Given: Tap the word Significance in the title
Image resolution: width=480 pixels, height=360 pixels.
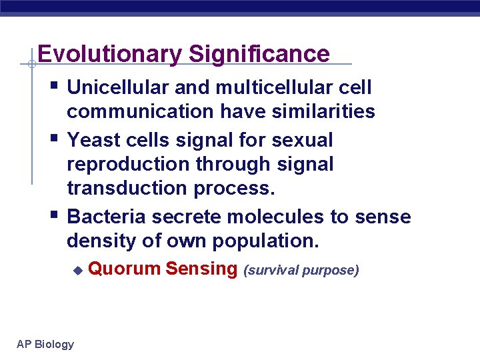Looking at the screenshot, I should tap(259, 54).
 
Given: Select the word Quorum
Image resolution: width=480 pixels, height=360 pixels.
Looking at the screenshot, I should tap(124, 269).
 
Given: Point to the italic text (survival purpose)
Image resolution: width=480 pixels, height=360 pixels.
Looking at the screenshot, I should tap(301, 271).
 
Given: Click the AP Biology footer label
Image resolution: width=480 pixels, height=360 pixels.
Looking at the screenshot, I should tap(45, 344).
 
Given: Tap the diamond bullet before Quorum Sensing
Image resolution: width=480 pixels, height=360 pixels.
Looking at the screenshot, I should tap(77, 271).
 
